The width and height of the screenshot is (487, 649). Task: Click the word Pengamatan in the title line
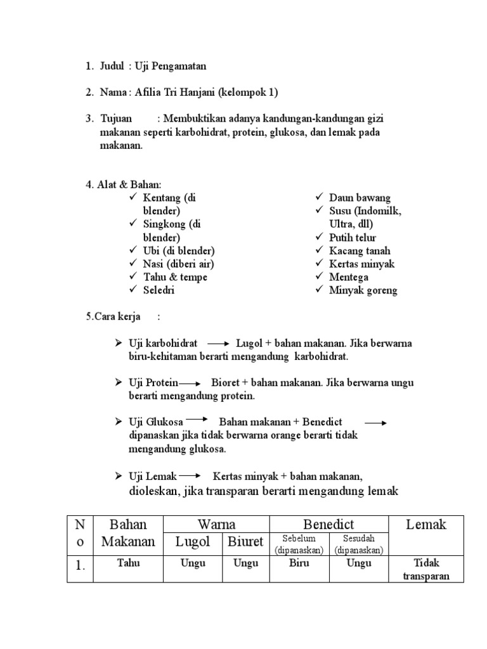179,66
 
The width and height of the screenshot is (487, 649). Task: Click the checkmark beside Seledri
133,290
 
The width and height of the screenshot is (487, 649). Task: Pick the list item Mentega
348,277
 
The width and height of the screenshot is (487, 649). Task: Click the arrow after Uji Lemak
190,476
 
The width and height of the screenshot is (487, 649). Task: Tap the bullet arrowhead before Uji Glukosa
118,421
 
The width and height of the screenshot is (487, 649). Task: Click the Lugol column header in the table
193,542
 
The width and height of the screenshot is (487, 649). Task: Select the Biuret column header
246,542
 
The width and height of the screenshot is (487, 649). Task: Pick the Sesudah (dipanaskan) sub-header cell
359,544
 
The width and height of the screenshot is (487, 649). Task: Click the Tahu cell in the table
129,563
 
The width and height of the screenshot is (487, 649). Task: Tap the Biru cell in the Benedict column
299,563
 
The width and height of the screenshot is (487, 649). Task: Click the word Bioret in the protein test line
226,383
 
